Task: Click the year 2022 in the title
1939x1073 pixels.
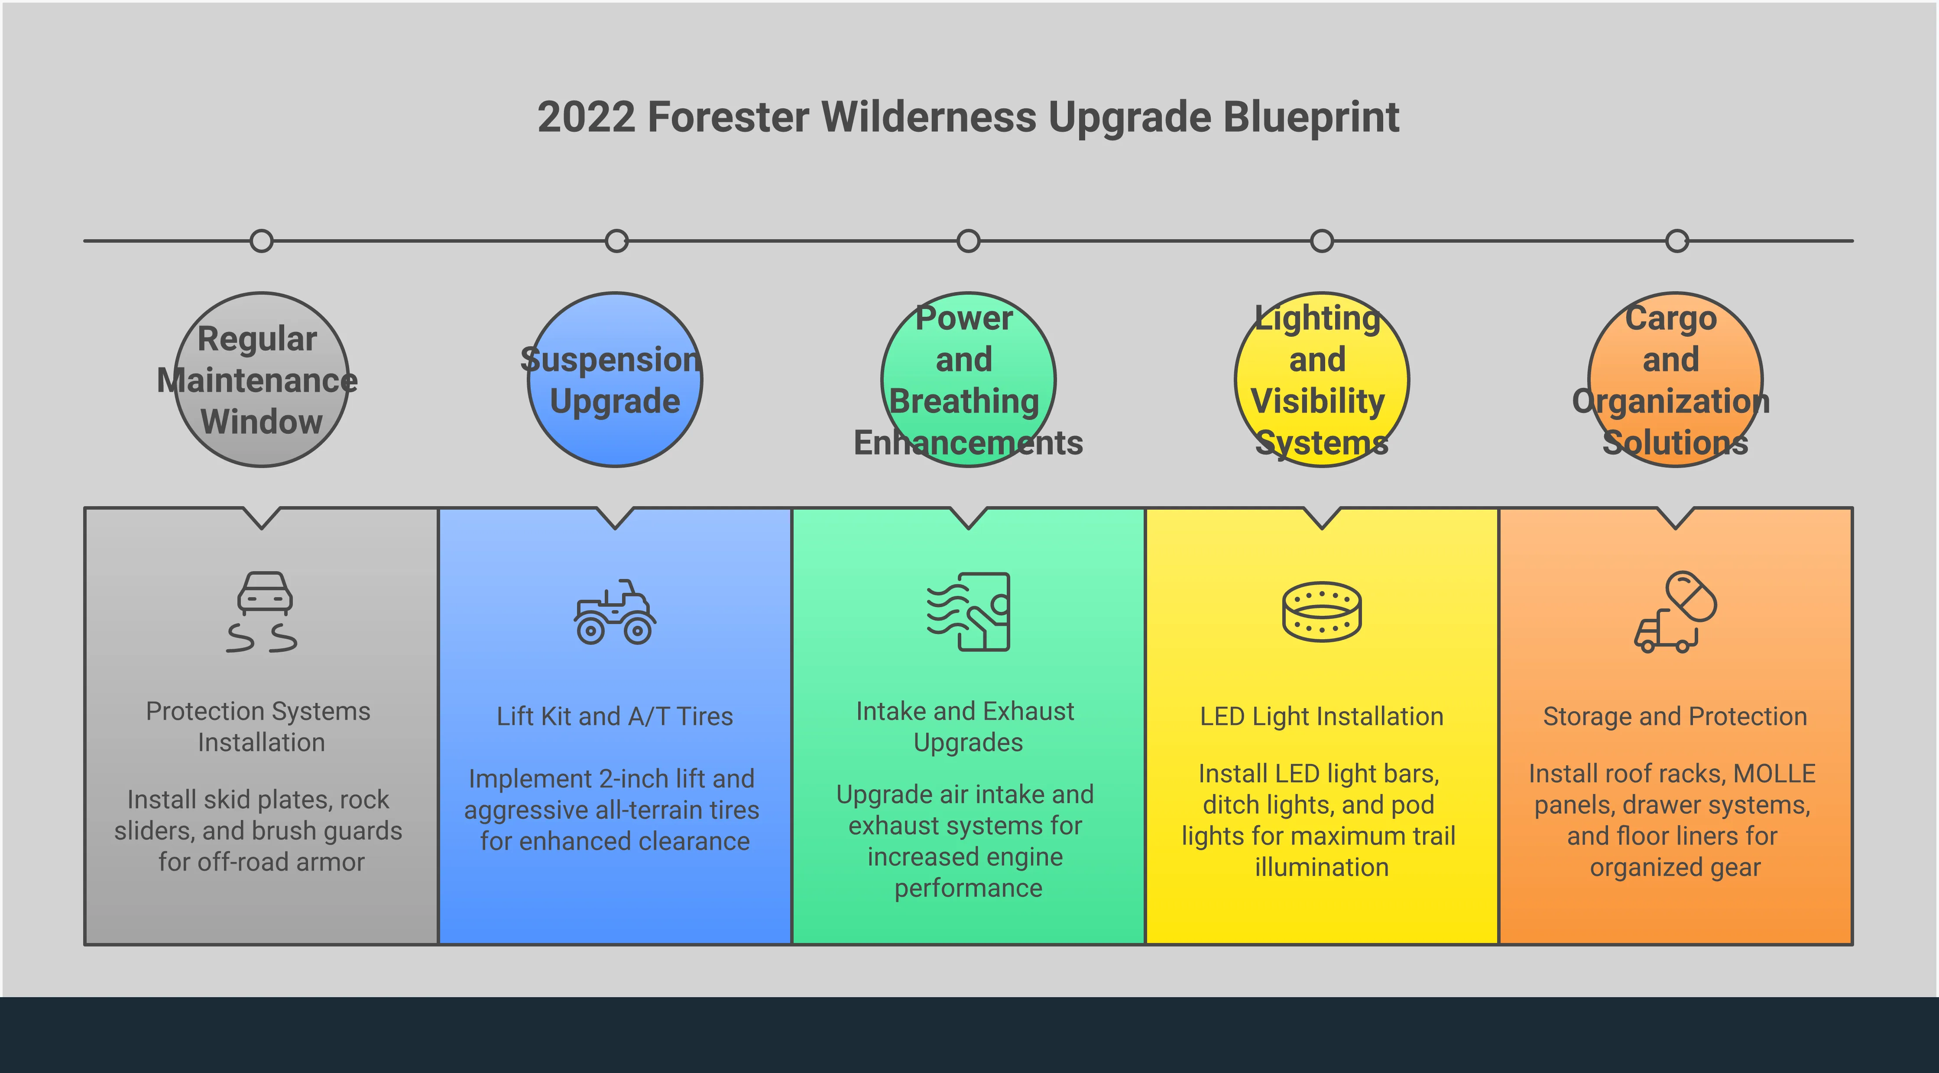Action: click(587, 118)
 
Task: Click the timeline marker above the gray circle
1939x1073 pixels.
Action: click(261, 241)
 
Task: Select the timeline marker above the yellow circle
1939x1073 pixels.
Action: click(1322, 241)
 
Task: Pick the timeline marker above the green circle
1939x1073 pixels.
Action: click(968, 241)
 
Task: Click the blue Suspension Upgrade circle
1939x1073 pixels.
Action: click(615, 380)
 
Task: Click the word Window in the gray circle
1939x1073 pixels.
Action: click(261, 422)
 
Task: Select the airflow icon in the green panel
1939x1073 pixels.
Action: click(968, 611)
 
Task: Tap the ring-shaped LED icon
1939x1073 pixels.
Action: click(1322, 611)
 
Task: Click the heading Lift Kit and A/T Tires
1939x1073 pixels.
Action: click(615, 716)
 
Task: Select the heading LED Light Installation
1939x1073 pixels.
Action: click(1322, 716)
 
